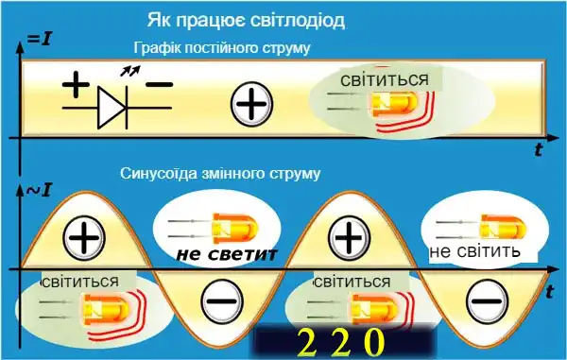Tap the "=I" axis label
point(39,39)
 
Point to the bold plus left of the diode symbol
point(75,86)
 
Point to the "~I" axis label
point(39,192)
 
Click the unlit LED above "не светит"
point(219,227)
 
